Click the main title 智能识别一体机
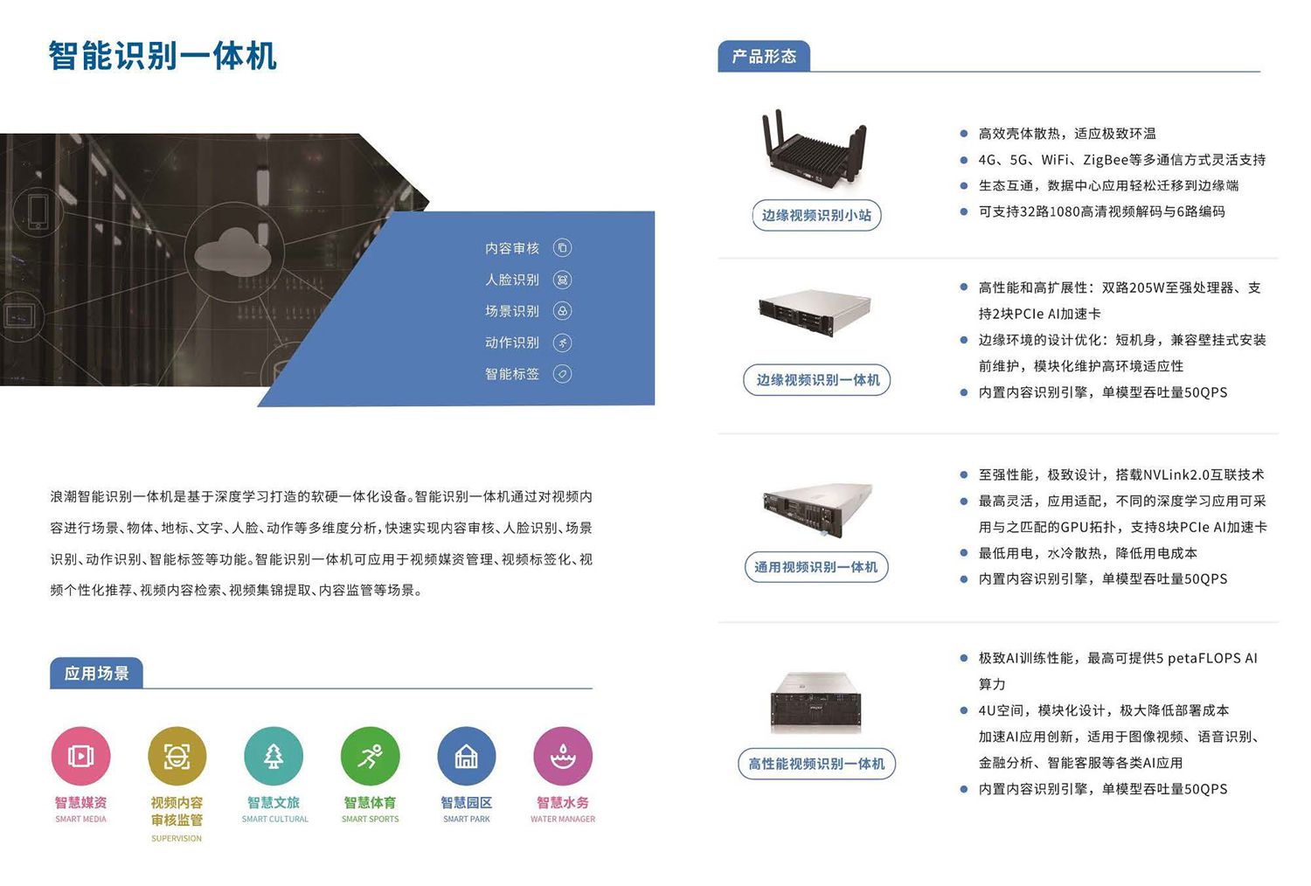[x=163, y=56]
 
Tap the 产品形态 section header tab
[x=764, y=56]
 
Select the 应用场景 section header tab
[x=96, y=673]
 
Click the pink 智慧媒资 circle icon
[x=80, y=756]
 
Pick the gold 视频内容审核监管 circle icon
[x=177, y=756]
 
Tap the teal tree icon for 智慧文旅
[x=274, y=756]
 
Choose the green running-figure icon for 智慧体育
[x=370, y=756]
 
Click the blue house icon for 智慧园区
[x=467, y=756]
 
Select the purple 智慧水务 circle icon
[x=563, y=756]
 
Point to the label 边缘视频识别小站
[x=816, y=215]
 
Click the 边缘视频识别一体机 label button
[x=817, y=380]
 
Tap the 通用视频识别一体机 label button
[x=816, y=566]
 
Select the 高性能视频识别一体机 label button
[x=816, y=764]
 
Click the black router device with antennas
[x=814, y=149]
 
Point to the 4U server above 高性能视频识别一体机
[x=815, y=703]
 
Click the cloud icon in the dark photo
[x=232, y=253]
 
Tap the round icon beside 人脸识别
[x=563, y=280]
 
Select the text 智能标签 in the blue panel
[x=512, y=374]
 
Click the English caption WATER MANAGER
[x=563, y=820]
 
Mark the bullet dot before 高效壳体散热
[x=963, y=134]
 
